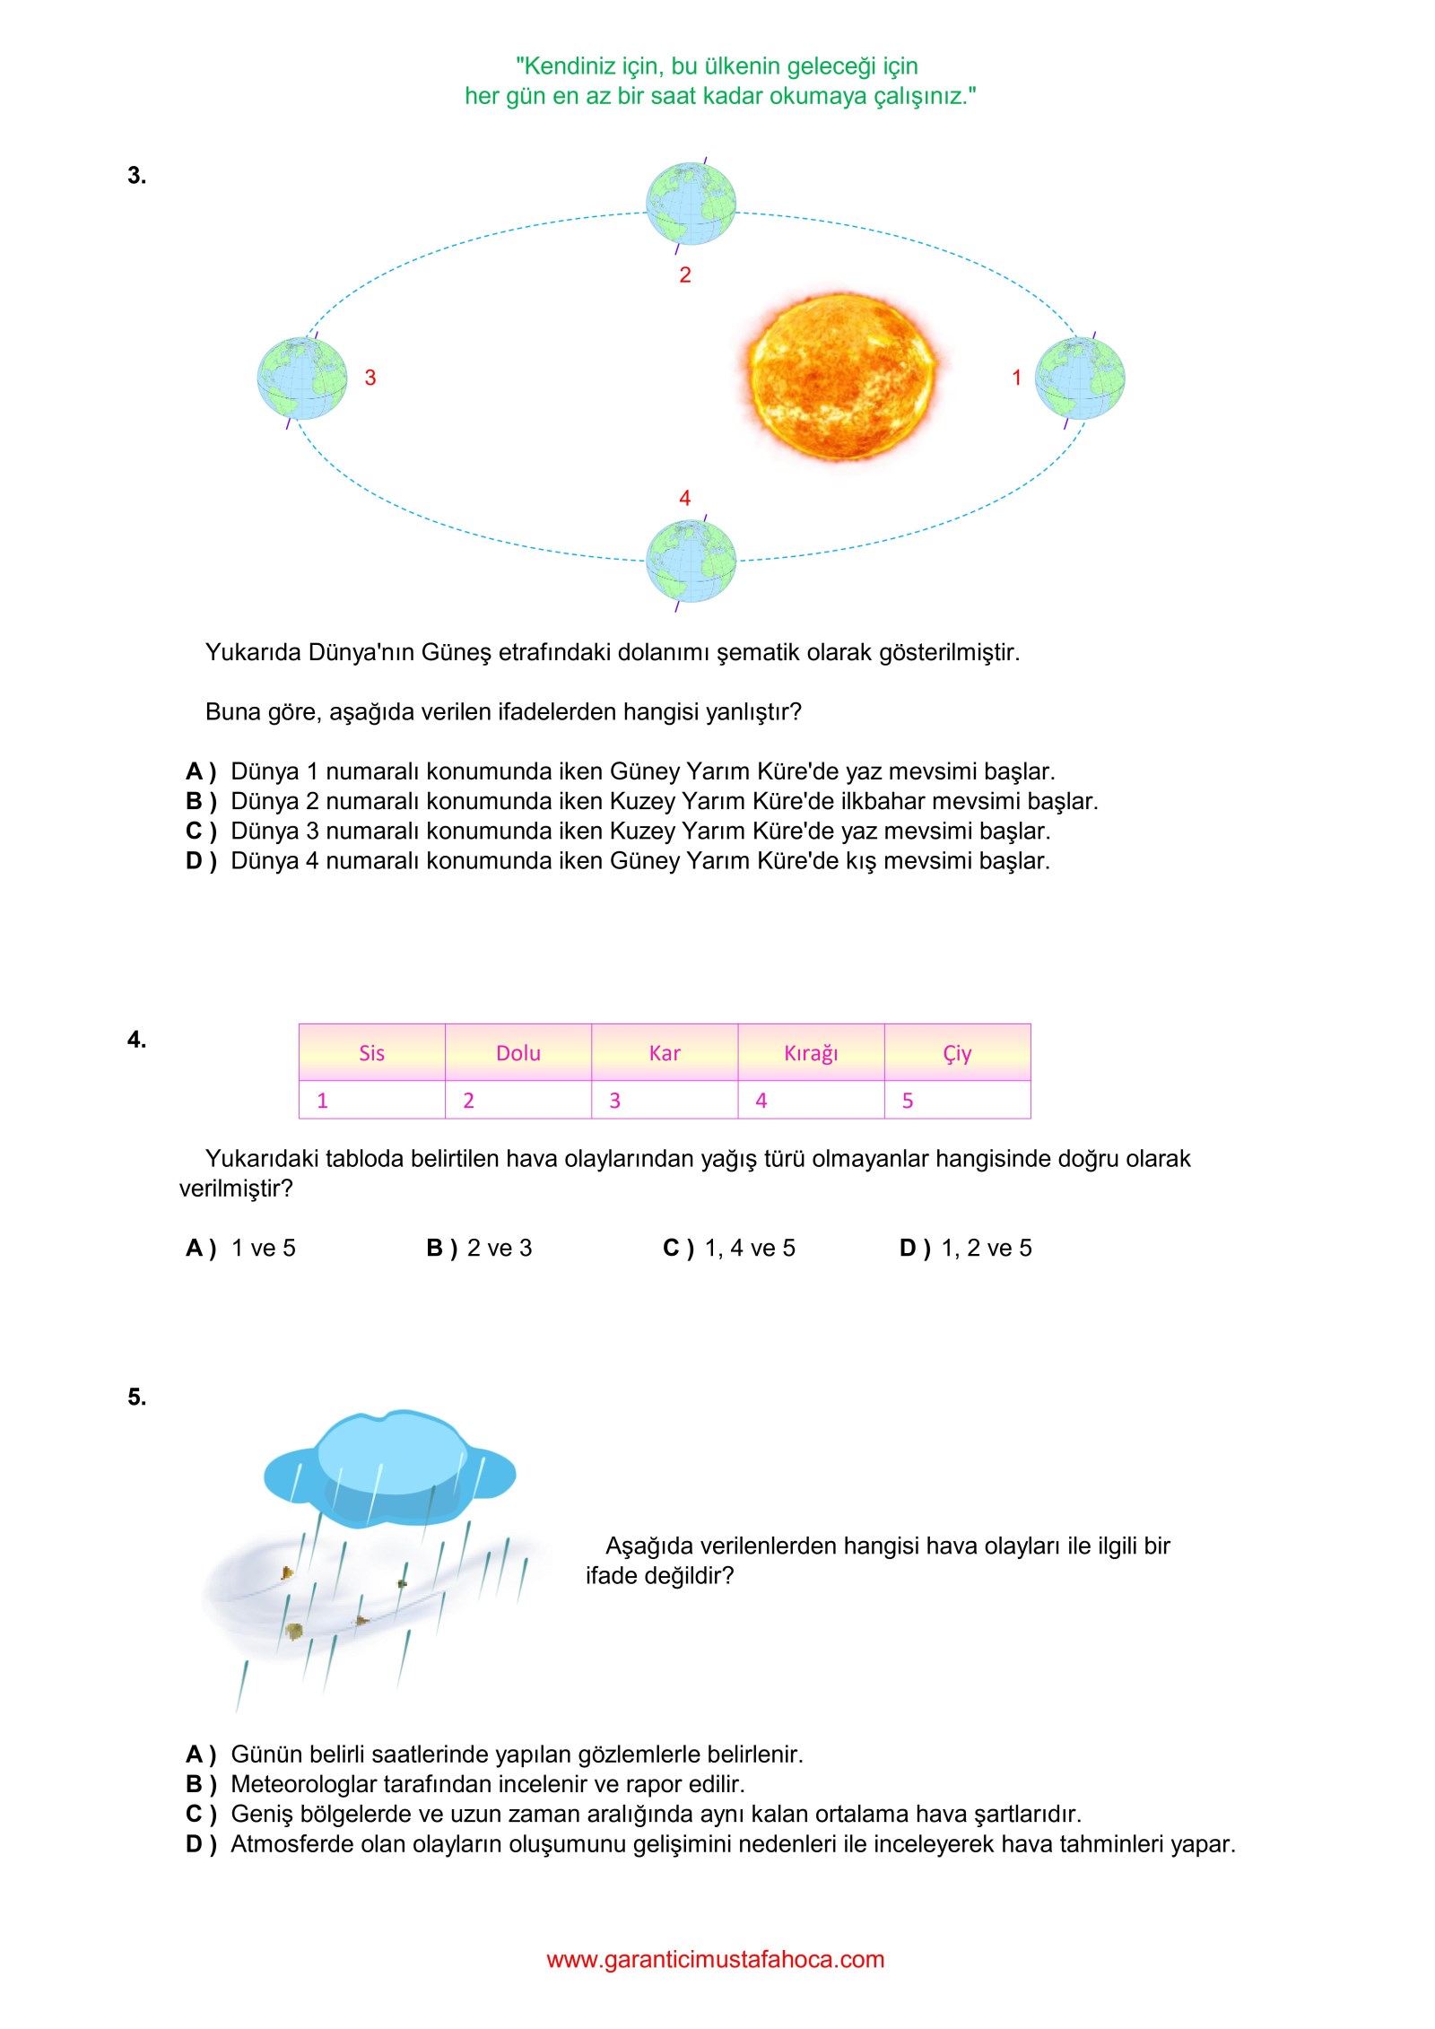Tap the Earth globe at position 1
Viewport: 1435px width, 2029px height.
tap(1079, 379)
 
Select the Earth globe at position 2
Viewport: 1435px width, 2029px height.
tap(691, 204)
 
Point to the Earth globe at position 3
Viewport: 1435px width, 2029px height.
tap(302, 379)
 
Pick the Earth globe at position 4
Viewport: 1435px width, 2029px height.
tap(691, 562)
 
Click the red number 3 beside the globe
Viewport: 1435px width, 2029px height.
tap(370, 378)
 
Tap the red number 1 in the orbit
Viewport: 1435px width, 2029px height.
tap(1016, 378)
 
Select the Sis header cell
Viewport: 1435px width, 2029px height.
tap(371, 1053)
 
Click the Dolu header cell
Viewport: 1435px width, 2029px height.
tap(518, 1053)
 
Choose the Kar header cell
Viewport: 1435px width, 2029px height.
tap(665, 1053)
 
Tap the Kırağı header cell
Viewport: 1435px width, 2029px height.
tap(811, 1053)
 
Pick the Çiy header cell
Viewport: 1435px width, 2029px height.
tap(957, 1053)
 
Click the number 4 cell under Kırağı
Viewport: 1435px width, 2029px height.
tap(811, 1100)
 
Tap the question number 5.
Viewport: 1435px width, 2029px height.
tap(136, 1397)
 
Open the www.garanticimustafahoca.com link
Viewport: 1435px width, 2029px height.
tap(716, 1959)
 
